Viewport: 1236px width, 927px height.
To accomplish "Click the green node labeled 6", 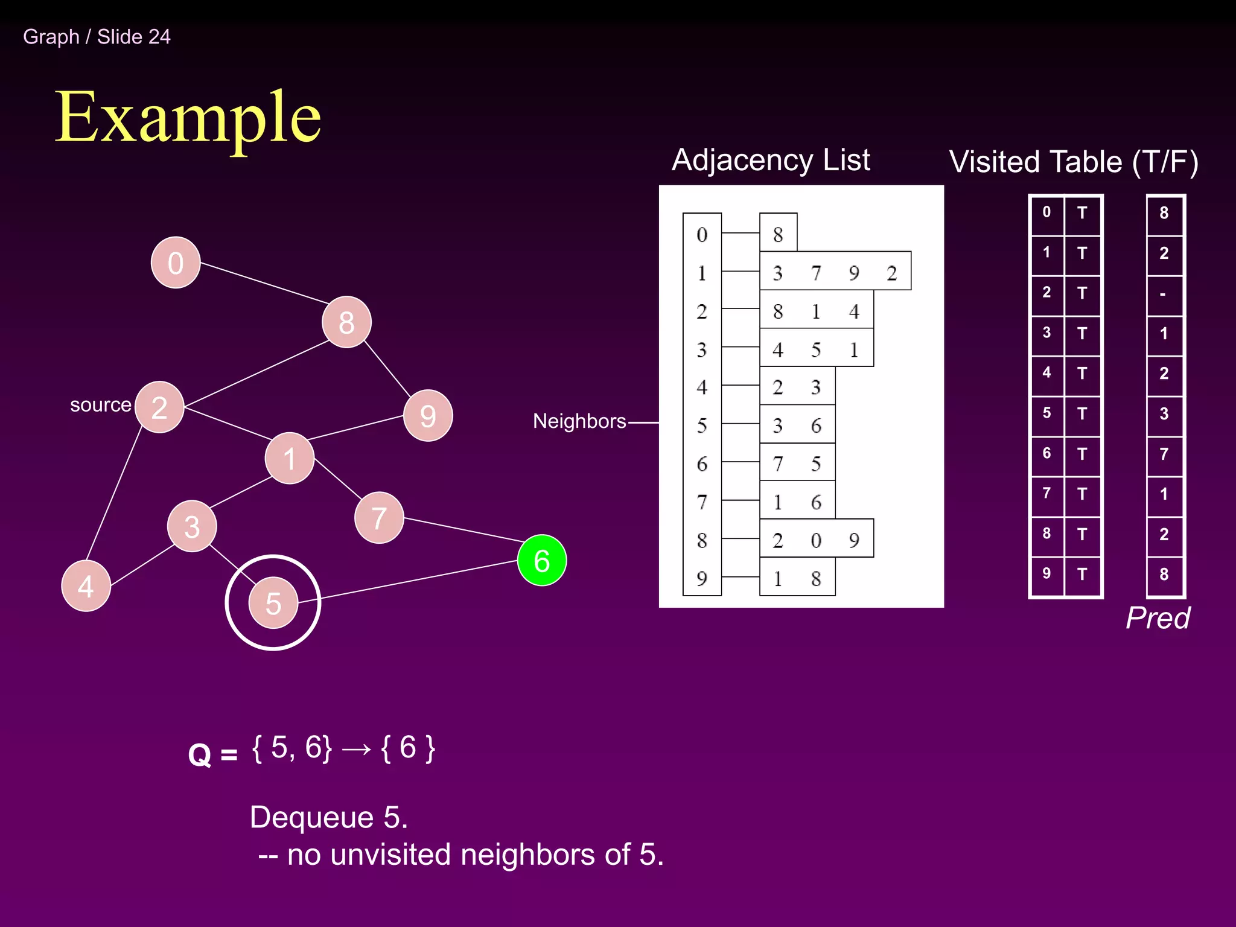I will click(541, 560).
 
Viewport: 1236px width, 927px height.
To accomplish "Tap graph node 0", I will click(175, 263).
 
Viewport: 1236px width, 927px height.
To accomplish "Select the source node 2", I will click(159, 407).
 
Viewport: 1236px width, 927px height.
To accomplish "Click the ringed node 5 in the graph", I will click(273, 602).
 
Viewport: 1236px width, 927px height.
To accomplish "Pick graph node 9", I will click(428, 415).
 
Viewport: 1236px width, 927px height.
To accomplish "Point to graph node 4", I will click(86, 585).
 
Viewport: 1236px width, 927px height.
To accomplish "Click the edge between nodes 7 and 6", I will click(462, 529).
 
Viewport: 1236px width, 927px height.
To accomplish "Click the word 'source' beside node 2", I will click(100, 404).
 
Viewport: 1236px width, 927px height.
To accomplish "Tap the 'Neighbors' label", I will click(579, 421).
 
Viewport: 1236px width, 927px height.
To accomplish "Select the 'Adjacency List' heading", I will click(771, 160).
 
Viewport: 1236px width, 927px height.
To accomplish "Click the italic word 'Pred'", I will click(1158, 617).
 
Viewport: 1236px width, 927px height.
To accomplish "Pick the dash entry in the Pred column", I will click(1163, 295).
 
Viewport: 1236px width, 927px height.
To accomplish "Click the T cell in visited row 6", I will click(1082, 453).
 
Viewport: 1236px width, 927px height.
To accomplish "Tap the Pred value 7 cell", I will click(1164, 453).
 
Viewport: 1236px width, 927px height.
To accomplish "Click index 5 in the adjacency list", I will click(702, 425).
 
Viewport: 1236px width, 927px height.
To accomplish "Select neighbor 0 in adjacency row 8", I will click(816, 540).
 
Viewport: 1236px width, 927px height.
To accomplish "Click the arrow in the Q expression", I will click(356, 749).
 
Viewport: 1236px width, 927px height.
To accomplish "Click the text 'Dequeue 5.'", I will click(329, 817).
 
